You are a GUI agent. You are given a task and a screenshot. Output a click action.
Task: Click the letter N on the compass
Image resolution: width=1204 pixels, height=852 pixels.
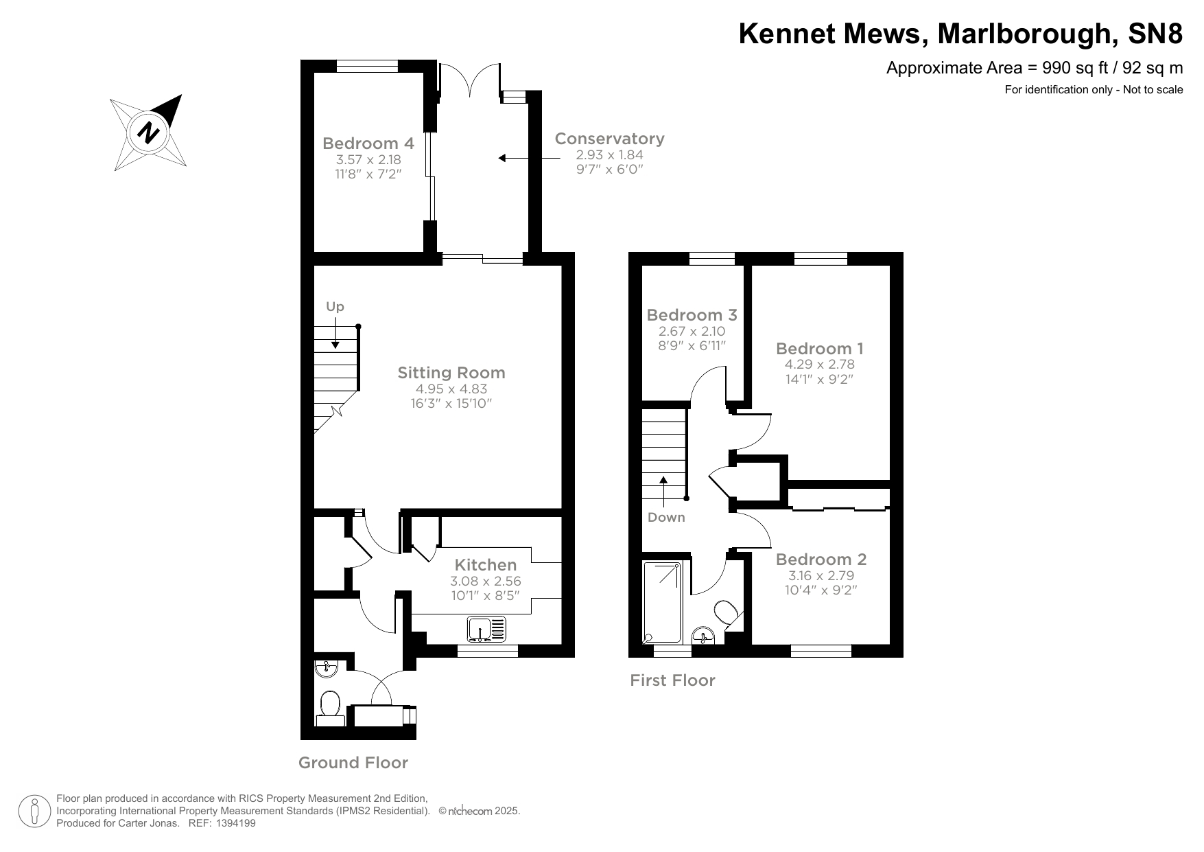pos(148,132)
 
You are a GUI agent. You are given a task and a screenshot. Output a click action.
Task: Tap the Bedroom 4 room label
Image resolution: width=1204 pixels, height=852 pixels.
pos(368,143)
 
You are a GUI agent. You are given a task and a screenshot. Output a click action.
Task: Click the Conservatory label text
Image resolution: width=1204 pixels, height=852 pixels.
pos(609,139)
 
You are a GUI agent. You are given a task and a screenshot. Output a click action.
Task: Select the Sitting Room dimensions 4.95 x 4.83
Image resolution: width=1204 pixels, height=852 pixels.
pos(451,389)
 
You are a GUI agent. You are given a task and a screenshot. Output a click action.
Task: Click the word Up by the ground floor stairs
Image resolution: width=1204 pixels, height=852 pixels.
pos(335,307)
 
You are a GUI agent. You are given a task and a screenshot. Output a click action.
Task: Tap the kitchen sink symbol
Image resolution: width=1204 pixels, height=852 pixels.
pos(486,628)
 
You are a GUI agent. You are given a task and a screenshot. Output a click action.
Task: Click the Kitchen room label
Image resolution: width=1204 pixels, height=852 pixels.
pos(486,565)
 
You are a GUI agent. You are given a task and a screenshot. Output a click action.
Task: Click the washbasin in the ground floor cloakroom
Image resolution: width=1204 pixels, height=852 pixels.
pos(327,667)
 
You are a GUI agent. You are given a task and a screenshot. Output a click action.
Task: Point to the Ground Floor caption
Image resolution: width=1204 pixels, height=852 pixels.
pos(353,763)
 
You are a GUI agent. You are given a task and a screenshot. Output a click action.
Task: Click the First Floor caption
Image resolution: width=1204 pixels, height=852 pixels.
pos(672,680)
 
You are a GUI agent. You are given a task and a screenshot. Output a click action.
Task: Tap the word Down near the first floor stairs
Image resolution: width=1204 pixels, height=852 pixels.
pos(666,517)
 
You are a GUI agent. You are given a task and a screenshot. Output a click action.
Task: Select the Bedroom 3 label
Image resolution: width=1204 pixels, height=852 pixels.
pos(692,315)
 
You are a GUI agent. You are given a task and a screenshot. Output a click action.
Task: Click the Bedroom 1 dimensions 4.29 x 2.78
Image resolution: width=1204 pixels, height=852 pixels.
pos(820,365)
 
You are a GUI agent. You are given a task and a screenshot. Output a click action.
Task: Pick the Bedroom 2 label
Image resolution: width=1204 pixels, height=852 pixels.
pos(821,560)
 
